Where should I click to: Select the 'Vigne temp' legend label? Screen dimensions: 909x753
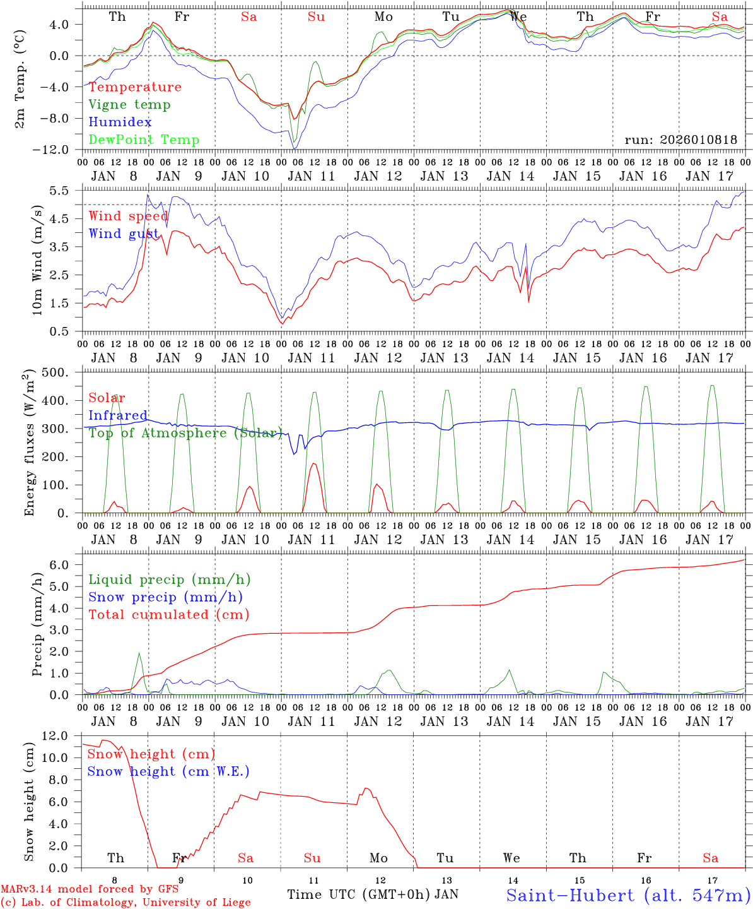pyautogui.click(x=129, y=104)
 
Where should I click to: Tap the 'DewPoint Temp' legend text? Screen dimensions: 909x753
pyautogui.click(x=144, y=140)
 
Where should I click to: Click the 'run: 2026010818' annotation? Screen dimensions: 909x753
pyautogui.click(x=680, y=140)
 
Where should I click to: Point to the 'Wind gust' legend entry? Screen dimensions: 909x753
pyautogui.click(x=124, y=234)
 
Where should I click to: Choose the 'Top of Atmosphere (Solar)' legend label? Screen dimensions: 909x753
pyautogui.click(x=185, y=433)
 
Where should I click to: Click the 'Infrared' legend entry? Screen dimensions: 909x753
pyautogui.click(x=118, y=415)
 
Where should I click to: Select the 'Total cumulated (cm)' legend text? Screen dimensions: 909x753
pyautogui.click(x=168, y=614)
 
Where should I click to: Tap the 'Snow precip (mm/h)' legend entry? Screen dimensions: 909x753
pyautogui.click(x=165, y=597)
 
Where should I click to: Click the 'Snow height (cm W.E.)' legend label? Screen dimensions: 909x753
pyautogui.click(x=168, y=771)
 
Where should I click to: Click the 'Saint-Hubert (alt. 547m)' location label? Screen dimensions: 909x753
pyautogui.click(x=628, y=894)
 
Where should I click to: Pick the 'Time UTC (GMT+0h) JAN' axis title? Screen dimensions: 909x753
pyautogui.click(x=372, y=894)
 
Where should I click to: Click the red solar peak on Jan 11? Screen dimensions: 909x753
pyautogui.click(x=313, y=463)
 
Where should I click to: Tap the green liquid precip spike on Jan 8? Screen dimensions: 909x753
pyautogui.click(x=139, y=653)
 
